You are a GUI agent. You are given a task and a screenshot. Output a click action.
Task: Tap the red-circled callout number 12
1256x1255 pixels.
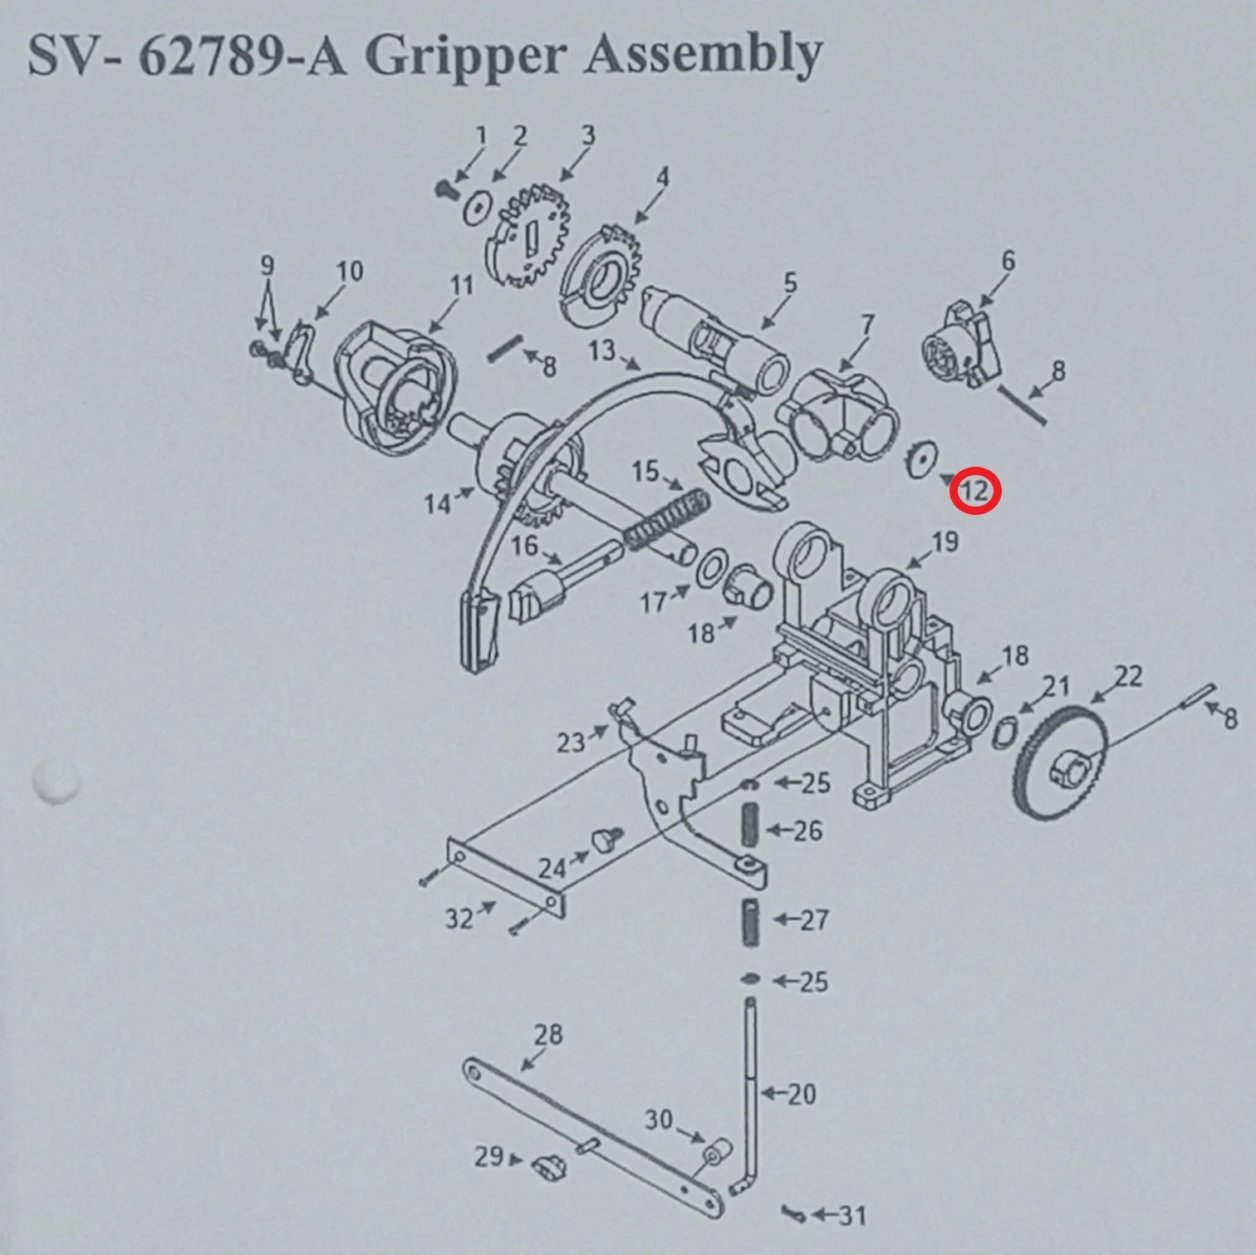tap(975, 491)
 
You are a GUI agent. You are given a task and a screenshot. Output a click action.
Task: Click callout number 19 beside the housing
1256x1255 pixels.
tap(944, 542)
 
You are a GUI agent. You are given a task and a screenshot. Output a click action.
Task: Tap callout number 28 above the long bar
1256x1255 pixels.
tap(548, 1034)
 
